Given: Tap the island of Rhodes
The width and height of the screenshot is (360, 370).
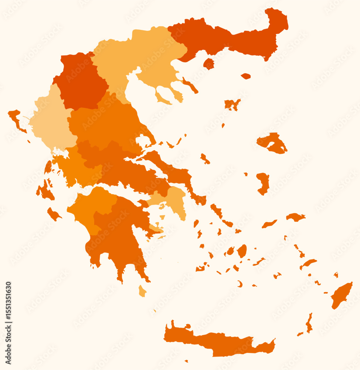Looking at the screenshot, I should coord(341,295).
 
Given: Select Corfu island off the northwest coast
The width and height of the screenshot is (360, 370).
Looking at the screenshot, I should coord(16,119).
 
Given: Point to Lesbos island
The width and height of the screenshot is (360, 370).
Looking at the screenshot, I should coord(273,143).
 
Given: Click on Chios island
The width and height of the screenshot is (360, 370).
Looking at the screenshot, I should coord(263,183).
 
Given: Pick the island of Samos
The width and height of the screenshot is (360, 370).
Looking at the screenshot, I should coord(295,217).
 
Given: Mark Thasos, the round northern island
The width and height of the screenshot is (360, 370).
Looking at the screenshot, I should coord(208,64).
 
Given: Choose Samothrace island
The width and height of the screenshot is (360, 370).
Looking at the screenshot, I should coord(246,76).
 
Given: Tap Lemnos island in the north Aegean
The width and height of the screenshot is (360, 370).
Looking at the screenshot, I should coord(232,104).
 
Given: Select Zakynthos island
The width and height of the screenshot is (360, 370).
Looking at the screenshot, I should coord(54,214).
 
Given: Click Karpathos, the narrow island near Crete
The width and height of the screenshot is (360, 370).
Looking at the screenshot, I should coord(309,323).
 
